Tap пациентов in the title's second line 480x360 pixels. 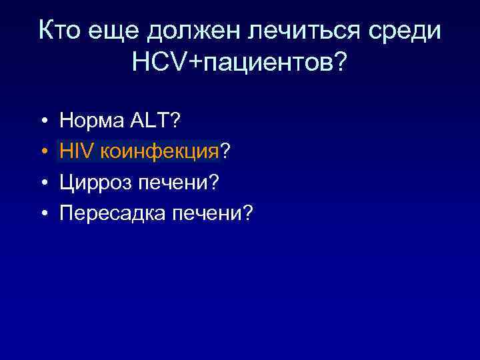[267, 64]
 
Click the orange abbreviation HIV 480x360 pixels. [76, 151]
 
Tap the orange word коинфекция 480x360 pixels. [160, 151]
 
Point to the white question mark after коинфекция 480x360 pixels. [226, 151]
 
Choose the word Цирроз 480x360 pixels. [88, 182]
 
